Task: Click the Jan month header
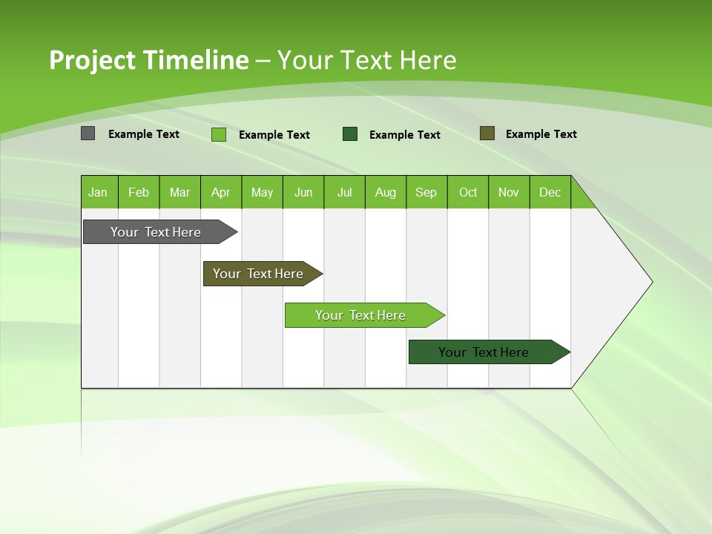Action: tap(99, 192)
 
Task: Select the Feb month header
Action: tap(139, 192)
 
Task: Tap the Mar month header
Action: tap(179, 192)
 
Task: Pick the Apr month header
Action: tap(221, 192)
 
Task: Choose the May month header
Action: tap(262, 192)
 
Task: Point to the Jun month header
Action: tap(303, 192)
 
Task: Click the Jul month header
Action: tap(344, 192)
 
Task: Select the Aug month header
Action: tap(386, 192)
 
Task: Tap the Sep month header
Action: tap(426, 192)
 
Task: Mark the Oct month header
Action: tap(468, 192)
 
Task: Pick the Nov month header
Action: tap(509, 192)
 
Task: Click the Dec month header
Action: tap(550, 192)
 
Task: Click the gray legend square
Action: tap(88, 133)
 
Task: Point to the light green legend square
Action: tap(219, 134)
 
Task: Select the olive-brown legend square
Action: tap(487, 133)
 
